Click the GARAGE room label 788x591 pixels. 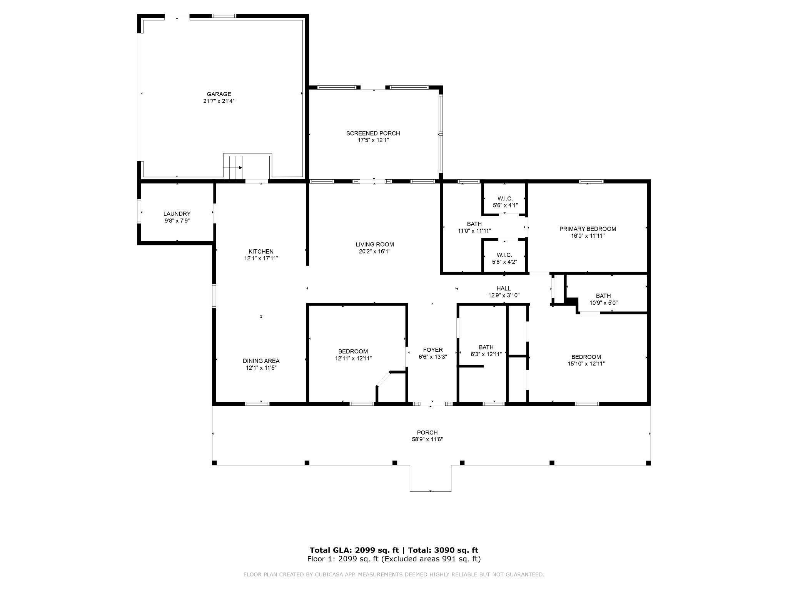tap(219, 94)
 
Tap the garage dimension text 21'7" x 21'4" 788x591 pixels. tap(219, 101)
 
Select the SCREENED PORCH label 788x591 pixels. tap(373, 134)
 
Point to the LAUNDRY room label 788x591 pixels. tap(177, 214)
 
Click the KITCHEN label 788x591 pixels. tap(261, 252)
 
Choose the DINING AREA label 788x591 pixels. tap(261, 361)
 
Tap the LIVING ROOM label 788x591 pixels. tap(375, 244)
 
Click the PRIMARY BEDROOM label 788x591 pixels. tap(588, 229)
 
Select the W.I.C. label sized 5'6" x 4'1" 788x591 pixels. tap(504, 199)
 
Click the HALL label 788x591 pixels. tap(504, 289)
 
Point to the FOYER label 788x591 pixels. tap(433, 350)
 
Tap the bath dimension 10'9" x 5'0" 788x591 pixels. tap(603, 303)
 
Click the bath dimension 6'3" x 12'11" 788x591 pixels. tap(486, 354)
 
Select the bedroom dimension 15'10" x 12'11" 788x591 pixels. tap(586, 364)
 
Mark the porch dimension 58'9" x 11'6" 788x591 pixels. tap(427, 439)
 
